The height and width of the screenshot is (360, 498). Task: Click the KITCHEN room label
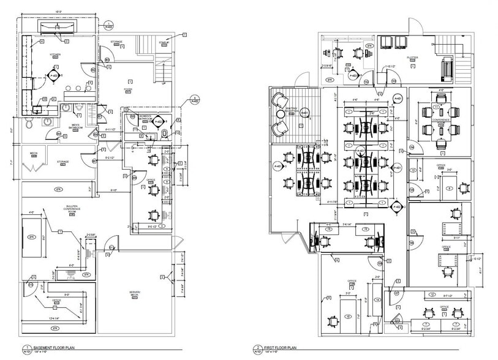tap(56, 54)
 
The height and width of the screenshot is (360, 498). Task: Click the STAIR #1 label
tap(164, 42)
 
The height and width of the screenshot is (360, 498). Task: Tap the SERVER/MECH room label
tap(134, 294)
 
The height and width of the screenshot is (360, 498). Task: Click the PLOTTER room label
tap(412, 58)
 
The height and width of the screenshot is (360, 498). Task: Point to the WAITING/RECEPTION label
tap(295, 110)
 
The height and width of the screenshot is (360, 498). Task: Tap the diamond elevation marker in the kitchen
tap(54, 76)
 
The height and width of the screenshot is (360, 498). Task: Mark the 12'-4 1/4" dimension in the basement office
tap(53, 318)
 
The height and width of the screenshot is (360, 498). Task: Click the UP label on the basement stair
tap(163, 84)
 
